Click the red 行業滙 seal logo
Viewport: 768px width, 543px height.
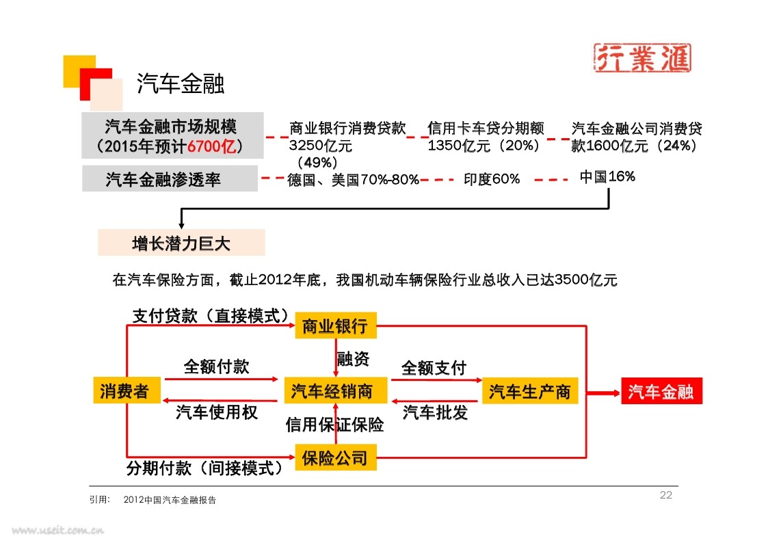tap(643, 57)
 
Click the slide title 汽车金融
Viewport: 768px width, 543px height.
tap(181, 83)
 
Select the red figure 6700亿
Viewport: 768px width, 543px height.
tap(212, 146)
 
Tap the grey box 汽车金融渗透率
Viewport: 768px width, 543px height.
tap(170, 178)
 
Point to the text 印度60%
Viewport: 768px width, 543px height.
tap(491, 179)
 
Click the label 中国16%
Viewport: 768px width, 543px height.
tap(607, 176)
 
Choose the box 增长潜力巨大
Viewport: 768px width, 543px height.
tap(181, 243)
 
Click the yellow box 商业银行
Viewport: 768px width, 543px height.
tap(336, 326)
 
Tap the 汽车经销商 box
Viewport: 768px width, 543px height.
tap(336, 390)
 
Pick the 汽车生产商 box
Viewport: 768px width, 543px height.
tap(530, 390)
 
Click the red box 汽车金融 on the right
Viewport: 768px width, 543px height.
tap(661, 390)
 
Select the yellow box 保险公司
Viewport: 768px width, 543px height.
tap(336, 458)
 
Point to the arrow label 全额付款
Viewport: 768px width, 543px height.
tap(217, 367)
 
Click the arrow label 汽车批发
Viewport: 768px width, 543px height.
tap(435, 413)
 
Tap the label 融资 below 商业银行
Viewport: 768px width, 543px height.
tap(353, 358)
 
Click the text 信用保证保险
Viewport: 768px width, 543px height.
tap(334, 425)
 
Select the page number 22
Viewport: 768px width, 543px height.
tap(665, 495)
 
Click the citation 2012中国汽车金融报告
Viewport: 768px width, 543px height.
tap(170, 500)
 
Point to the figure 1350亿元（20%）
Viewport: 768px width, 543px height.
tap(484, 146)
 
